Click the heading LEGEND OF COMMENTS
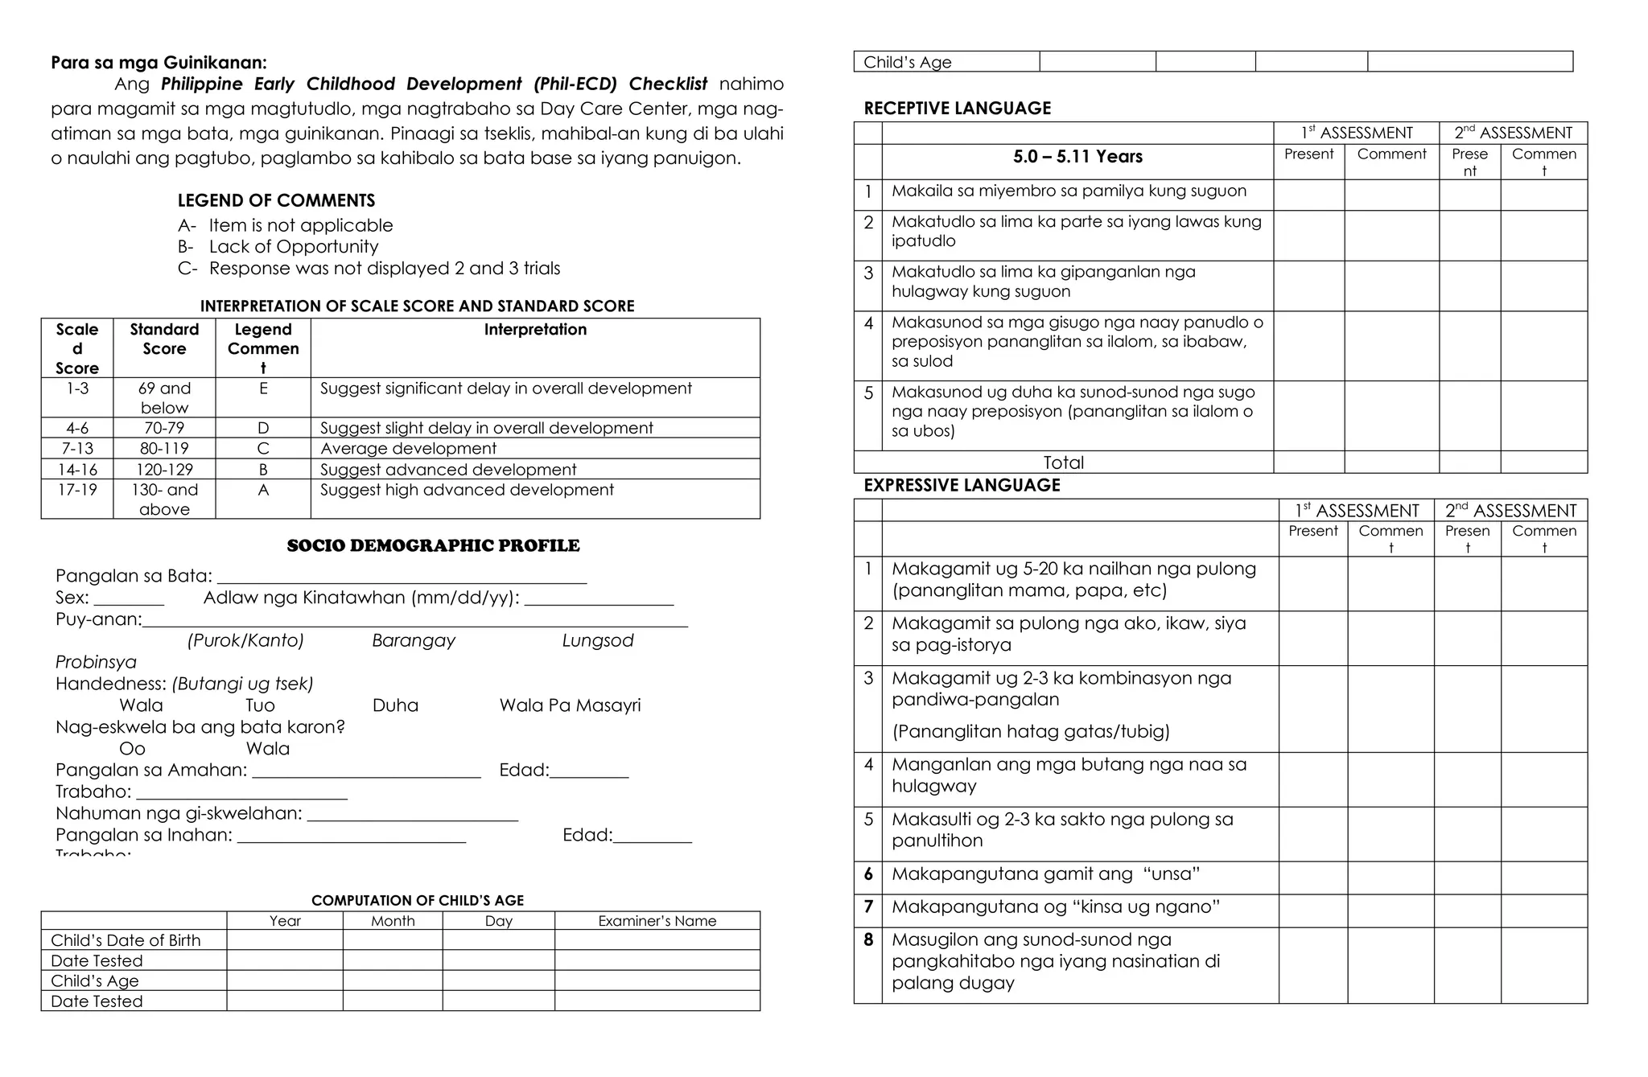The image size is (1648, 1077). (276, 200)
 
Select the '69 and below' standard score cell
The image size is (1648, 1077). (164, 397)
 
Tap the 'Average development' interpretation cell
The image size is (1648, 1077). (408, 448)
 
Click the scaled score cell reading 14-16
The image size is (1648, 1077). (77, 469)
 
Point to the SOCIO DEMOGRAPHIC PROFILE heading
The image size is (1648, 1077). (433, 545)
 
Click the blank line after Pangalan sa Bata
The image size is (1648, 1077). (402, 577)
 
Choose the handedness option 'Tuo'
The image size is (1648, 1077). (260, 705)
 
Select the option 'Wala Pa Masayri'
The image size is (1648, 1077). (570, 705)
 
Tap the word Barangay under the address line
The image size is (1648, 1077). (414, 640)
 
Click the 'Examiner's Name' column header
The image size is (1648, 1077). (657, 921)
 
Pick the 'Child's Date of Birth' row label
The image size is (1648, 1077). (126, 940)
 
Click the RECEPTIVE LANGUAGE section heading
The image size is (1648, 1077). (957, 108)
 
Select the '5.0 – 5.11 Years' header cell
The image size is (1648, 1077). (1077, 157)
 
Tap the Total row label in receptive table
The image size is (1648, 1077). (1063, 462)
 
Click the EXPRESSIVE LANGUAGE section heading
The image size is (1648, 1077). (962, 485)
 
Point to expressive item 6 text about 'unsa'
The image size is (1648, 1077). (1045, 874)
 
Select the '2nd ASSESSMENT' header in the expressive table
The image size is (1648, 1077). (1510, 511)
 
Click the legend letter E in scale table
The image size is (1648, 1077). (263, 388)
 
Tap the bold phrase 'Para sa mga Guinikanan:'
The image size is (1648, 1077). (159, 63)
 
